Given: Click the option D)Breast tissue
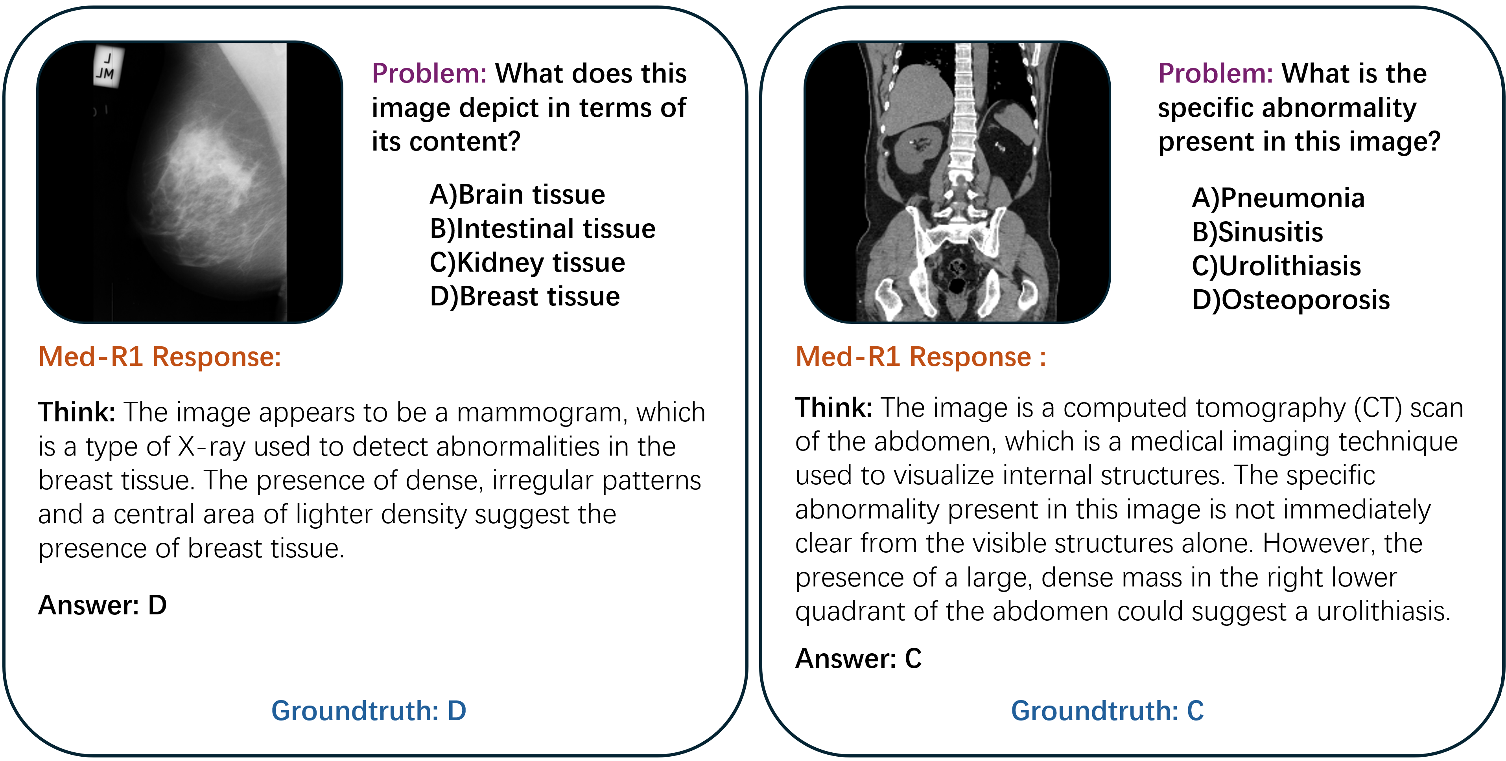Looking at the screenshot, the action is click(x=524, y=296).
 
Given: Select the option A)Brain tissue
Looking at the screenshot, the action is click(x=517, y=194).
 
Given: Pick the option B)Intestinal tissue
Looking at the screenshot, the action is click(x=542, y=228).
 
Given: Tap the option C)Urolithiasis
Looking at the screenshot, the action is click(x=1276, y=266).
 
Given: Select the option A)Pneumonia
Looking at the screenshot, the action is click(x=1278, y=198).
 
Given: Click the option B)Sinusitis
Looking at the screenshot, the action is click(x=1257, y=232).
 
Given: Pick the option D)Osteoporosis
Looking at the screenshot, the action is click(x=1291, y=300).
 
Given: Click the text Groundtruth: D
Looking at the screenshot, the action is click(x=369, y=711).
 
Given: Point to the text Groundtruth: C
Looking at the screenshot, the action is click(x=1107, y=711).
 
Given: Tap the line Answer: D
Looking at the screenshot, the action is click(x=102, y=605).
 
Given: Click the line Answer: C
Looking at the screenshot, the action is click(x=858, y=659).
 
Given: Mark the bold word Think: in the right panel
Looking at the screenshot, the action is click(x=834, y=407).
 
